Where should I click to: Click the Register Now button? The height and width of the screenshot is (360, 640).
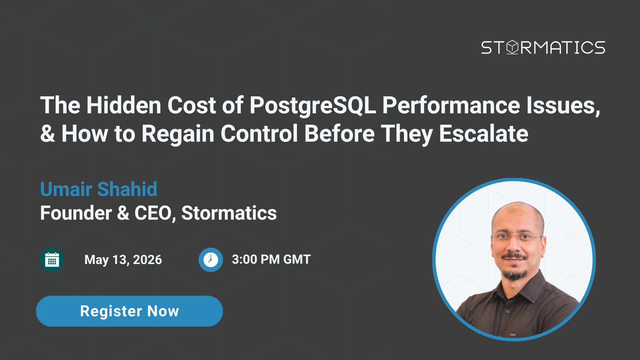coord(129,311)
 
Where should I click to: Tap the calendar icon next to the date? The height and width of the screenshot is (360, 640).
coord(52,260)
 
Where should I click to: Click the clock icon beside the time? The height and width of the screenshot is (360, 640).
coord(211,260)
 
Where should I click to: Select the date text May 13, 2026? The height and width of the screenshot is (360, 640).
coord(123,260)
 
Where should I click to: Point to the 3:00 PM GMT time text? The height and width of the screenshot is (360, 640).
coord(271,259)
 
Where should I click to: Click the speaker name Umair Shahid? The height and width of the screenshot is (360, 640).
coord(98,189)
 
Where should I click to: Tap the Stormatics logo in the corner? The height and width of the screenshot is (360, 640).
coord(543,48)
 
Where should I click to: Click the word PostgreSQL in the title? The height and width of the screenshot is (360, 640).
coord(313,106)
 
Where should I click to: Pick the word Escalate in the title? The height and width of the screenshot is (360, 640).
coord(483,134)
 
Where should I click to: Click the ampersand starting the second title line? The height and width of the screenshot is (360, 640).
coord(48,134)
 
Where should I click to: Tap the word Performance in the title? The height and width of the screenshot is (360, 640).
coord(451,105)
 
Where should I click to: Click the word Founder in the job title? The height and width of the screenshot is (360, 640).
coord(76,213)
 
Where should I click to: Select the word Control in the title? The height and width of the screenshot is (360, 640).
coord(259,134)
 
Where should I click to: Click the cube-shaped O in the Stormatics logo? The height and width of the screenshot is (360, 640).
coord(512,48)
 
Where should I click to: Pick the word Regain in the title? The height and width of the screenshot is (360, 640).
coord(178,134)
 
